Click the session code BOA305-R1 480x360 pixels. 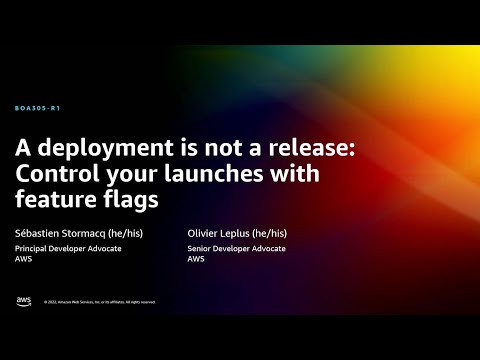(44, 107)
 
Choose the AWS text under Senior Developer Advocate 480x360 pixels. (196, 259)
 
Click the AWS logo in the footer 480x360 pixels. (23, 301)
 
